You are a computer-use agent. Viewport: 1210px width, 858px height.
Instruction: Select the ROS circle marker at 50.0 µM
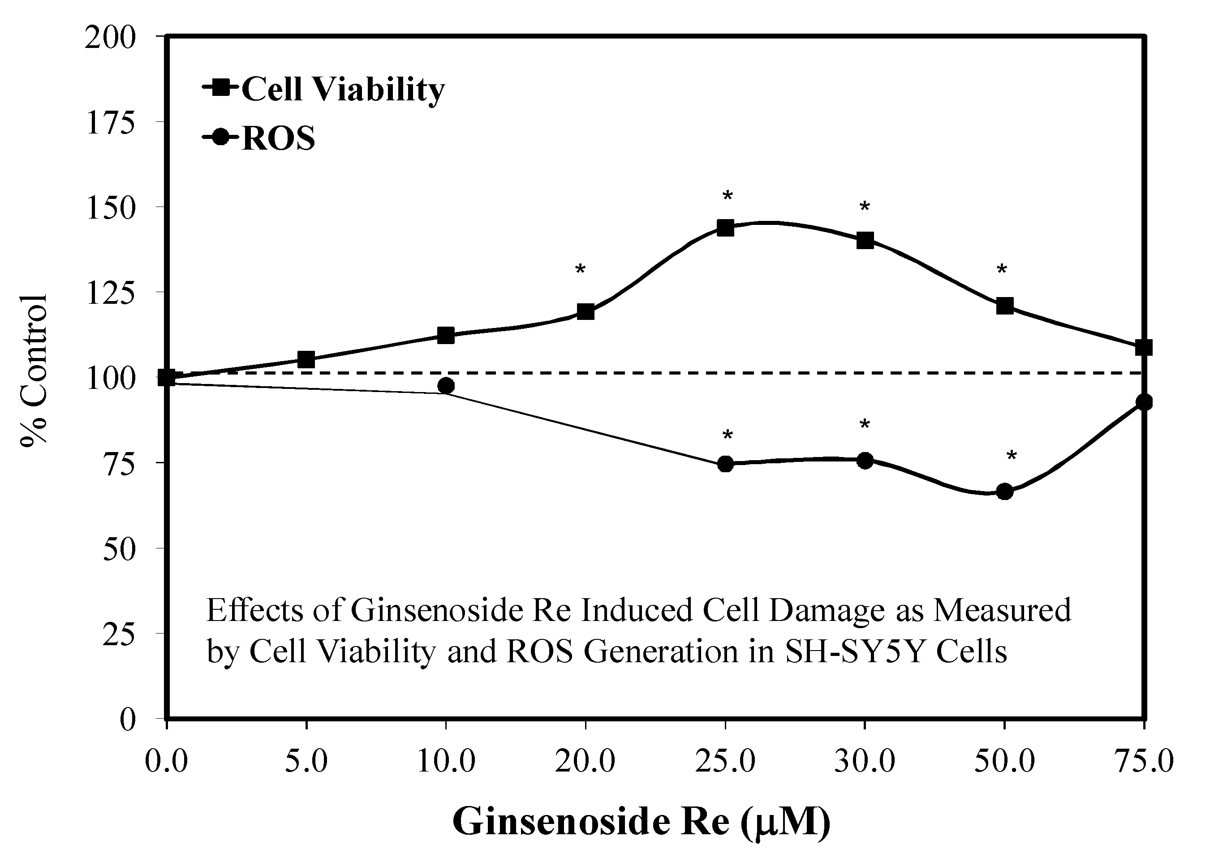[1004, 492]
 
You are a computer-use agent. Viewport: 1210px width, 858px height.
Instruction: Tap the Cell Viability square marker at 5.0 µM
[306, 360]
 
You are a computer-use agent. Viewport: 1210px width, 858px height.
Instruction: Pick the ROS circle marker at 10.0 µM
[446, 386]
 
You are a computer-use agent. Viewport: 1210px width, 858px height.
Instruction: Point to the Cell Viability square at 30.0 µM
[865, 241]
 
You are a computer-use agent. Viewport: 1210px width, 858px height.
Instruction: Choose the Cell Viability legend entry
[323, 89]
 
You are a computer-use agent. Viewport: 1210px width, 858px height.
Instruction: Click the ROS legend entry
[259, 138]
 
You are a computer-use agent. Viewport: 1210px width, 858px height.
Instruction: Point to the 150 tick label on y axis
[110, 207]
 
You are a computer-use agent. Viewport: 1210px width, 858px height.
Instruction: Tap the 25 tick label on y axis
[119, 634]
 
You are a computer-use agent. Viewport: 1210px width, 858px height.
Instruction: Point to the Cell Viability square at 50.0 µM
[1004, 306]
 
